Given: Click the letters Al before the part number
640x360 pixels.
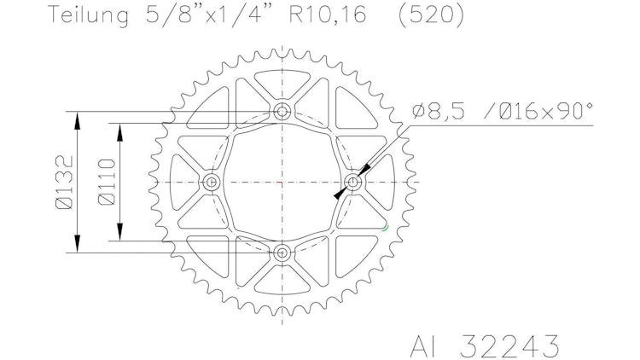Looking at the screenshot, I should click(424, 345).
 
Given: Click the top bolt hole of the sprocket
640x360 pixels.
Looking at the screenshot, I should click(282, 111).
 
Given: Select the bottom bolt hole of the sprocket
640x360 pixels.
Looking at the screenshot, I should click(282, 253).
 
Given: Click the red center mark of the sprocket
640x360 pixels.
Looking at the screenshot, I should click(282, 182).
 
